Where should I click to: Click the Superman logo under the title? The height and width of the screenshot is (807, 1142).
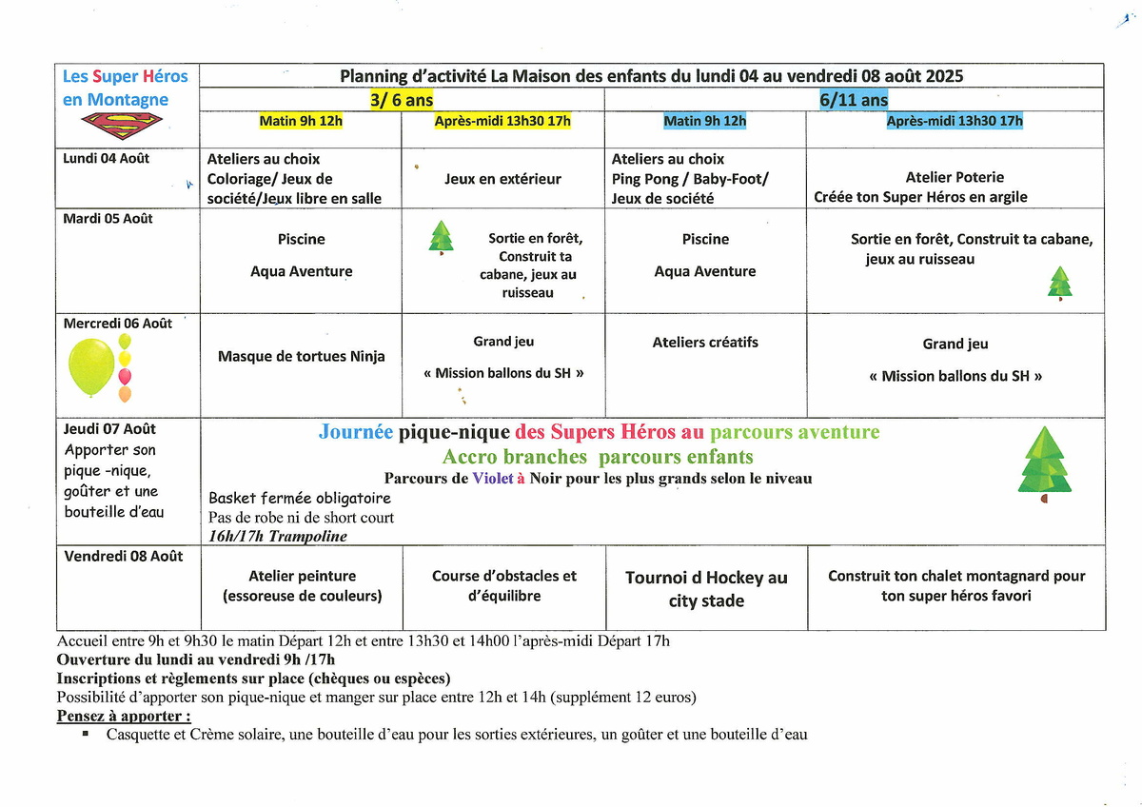(x=122, y=125)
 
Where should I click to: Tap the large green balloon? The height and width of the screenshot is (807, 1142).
(x=91, y=367)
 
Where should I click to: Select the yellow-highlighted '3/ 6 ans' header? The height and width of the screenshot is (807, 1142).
(x=402, y=100)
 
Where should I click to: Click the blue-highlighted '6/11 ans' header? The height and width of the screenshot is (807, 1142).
(x=854, y=100)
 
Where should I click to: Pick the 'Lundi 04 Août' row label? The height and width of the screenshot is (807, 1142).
(x=107, y=159)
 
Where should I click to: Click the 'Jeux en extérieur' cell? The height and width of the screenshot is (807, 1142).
(x=502, y=179)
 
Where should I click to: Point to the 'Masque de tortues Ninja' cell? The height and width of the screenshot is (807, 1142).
(x=302, y=357)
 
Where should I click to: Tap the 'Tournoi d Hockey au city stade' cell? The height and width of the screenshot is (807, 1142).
(x=706, y=589)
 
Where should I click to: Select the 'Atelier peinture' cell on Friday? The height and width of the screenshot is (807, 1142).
(x=302, y=586)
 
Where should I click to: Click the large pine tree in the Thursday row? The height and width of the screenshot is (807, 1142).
(x=1045, y=463)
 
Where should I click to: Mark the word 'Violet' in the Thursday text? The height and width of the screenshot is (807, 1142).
(x=493, y=479)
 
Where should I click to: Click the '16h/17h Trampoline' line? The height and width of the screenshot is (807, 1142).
(x=278, y=537)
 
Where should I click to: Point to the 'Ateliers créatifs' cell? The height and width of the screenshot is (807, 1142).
(x=705, y=343)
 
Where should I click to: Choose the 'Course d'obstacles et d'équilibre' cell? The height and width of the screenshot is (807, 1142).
(x=504, y=586)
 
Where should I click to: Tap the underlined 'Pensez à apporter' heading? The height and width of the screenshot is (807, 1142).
(x=124, y=716)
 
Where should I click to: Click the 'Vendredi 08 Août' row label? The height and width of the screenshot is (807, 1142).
(x=124, y=557)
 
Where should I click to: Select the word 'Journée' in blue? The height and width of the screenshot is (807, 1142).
(x=355, y=433)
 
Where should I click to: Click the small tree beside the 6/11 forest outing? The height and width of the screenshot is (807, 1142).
(x=1059, y=284)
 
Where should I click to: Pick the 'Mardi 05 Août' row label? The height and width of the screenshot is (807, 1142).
(x=108, y=219)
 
